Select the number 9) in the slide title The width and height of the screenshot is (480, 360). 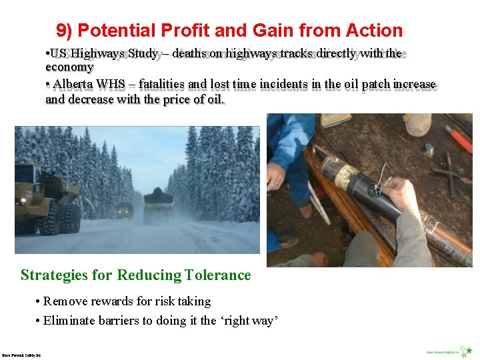tap(65, 31)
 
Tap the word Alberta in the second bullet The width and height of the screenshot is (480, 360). tap(73, 85)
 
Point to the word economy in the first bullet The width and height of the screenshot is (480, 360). tap(69, 67)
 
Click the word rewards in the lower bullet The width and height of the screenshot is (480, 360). tap(108, 301)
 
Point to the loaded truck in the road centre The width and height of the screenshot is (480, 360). tap(158, 205)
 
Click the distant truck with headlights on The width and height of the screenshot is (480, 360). tap(125, 210)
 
